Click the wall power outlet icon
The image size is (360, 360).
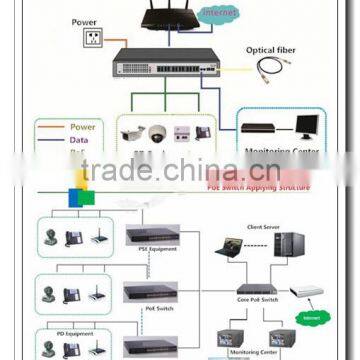92,38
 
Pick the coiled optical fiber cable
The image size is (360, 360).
271,69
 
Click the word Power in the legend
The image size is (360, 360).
83,127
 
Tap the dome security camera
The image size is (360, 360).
157,132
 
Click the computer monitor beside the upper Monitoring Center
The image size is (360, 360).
305,127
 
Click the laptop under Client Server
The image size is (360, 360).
231,245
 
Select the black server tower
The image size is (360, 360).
290,244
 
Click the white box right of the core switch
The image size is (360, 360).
309,291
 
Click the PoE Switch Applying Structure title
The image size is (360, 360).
259,187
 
